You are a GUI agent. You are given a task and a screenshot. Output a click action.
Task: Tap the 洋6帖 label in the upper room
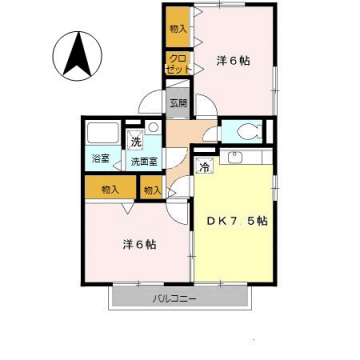[x=233, y=61]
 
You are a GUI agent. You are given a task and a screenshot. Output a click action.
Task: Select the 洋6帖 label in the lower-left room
[x=139, y=243]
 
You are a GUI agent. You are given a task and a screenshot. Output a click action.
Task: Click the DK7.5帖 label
[x=236, y=220]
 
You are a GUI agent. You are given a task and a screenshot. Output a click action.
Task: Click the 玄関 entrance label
[x=178, y=102]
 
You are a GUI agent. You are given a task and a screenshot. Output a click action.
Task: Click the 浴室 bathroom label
[x=101, y=159]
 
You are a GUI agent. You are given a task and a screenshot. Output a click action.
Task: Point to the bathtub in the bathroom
[x=102, y=133]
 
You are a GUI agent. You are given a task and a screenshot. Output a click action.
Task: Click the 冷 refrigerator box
[x=204, y=167]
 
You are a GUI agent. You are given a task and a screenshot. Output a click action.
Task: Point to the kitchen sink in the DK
[x=238, y=158]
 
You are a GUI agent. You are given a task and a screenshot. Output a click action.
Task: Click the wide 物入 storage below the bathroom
[x=110, y=189]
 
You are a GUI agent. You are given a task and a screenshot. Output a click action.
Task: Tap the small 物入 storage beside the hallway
[x=152, y=189]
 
